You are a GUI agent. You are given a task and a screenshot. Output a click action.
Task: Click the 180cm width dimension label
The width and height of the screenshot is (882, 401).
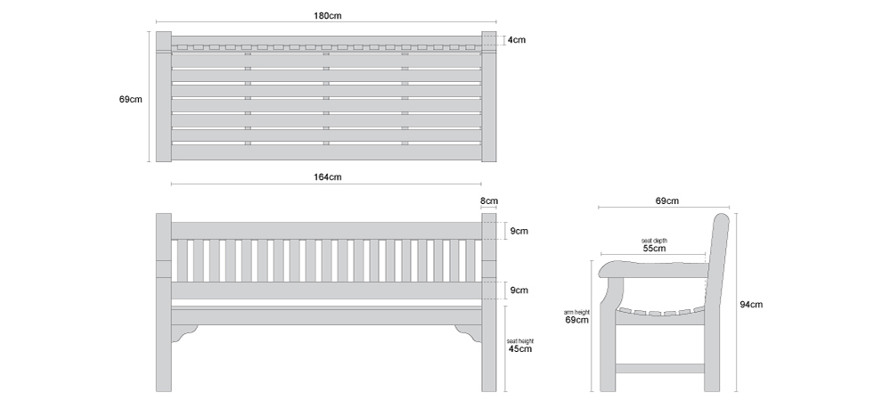pos(327,16)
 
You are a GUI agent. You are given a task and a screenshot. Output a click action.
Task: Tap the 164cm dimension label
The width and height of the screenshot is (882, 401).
pos(327,177)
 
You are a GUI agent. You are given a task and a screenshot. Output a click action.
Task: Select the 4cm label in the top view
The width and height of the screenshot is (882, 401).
pos(517,40)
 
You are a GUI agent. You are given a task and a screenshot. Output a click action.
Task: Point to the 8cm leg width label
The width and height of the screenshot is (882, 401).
pos(489,200)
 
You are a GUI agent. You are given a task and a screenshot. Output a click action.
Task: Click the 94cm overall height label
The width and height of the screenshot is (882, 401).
pos(751,305)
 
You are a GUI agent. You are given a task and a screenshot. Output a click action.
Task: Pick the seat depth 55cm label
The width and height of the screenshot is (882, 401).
pos(654,245)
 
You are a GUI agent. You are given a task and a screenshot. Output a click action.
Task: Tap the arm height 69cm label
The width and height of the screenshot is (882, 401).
pos(577,316)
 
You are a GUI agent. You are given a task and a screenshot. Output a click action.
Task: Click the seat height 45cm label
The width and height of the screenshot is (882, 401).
pos(519,346)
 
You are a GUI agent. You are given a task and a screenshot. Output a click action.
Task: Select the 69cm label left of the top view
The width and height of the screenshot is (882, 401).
pos(130,100)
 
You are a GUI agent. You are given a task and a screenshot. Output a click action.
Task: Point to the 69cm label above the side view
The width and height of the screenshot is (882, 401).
pos(666,200)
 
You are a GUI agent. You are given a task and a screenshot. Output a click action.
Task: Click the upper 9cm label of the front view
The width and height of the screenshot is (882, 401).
pos(519,231)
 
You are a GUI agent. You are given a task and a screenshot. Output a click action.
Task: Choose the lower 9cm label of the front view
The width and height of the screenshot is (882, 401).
pos(519,291)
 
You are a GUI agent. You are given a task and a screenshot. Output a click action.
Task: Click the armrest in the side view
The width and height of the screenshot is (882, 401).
pos(652,269)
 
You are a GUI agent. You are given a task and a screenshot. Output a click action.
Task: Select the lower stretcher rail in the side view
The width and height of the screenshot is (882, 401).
pos(660,369)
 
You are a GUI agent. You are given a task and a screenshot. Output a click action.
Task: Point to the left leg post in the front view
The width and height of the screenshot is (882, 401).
pos(164,303)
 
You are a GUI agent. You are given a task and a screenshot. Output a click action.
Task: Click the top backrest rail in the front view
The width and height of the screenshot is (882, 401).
pos(326,231)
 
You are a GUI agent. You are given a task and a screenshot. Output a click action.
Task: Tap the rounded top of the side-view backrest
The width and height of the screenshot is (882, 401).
pos(722,217)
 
